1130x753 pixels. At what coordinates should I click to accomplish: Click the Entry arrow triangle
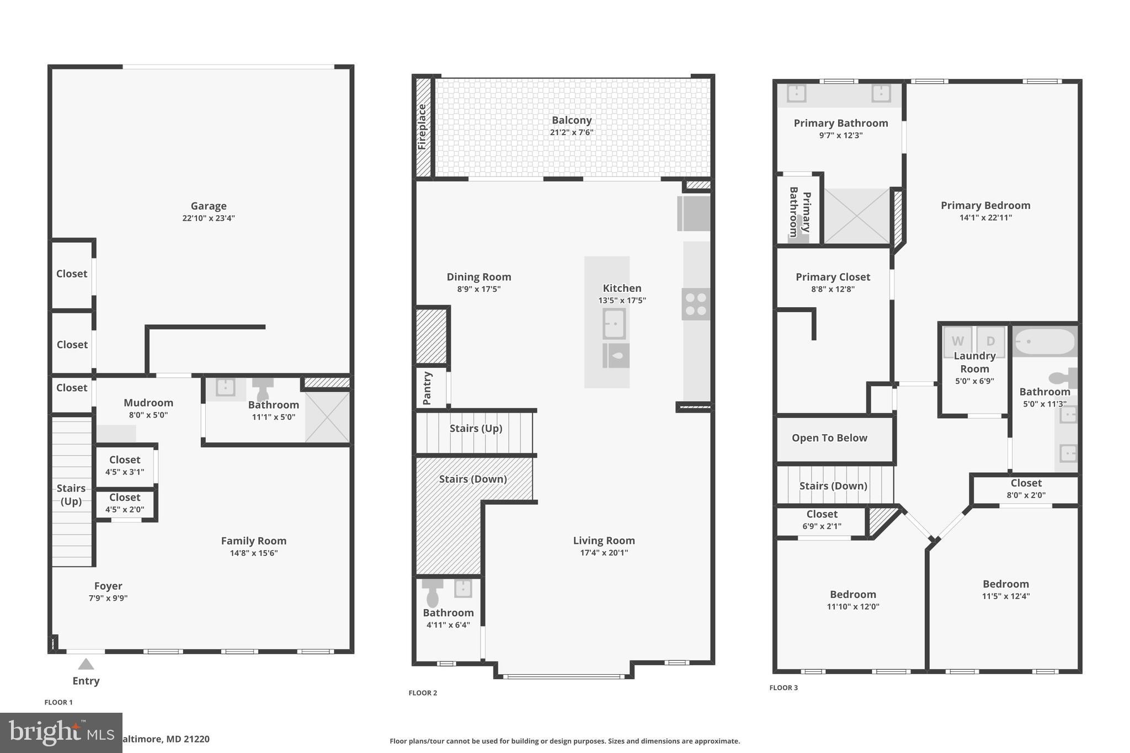coord(86,664)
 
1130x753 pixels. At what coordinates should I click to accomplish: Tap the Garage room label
coord(209,206)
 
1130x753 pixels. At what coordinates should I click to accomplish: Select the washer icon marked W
coord(958,341)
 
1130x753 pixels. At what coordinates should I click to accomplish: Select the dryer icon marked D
coord(990,341)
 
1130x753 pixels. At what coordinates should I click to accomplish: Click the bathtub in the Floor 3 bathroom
coord(1045,341)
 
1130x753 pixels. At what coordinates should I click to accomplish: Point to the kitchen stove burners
coord(695,304)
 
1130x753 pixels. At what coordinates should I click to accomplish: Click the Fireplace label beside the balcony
coord(422,126)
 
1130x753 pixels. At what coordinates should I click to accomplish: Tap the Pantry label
coord(427,388)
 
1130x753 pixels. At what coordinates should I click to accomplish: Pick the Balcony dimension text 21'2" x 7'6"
coord(572,132)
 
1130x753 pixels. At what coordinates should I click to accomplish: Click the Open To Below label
coord(829,438)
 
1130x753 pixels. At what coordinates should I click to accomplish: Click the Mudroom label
coord(148,403)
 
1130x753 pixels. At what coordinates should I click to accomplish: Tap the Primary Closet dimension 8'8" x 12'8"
coord(833,289)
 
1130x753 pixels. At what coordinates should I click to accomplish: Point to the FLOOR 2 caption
coord(423,693)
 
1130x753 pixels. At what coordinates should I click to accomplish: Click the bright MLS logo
coord(61,733)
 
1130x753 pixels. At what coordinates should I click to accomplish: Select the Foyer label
coord(108,586)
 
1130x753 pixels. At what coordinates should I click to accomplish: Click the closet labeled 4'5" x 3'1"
coord(125,465)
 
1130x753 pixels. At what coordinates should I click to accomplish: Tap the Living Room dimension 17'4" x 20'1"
coord(604,553)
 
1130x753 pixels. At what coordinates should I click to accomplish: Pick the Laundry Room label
coord(974,362)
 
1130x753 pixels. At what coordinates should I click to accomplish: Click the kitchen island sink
coord(614,323)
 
